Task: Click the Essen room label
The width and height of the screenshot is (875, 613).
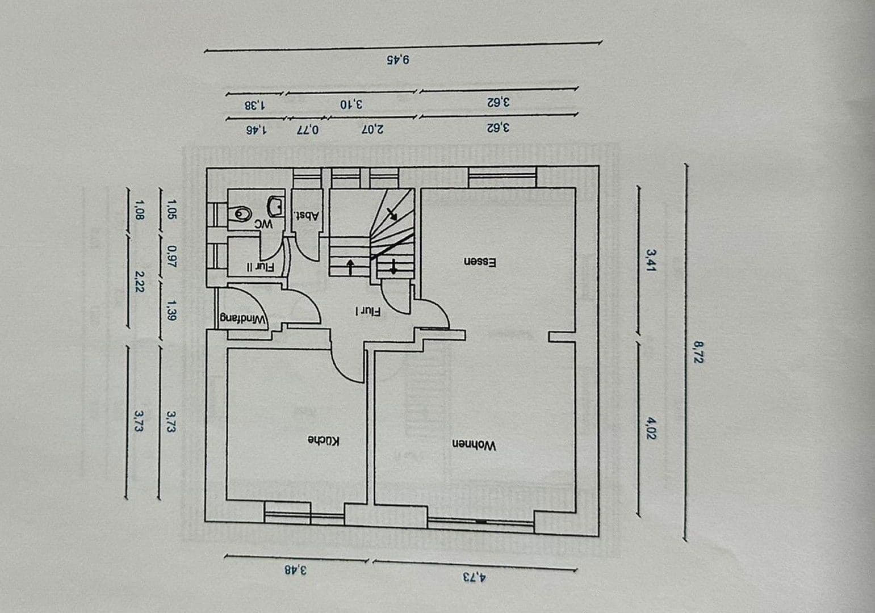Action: click(480, 262)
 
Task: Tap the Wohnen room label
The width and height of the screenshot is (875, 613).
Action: click(474, 445)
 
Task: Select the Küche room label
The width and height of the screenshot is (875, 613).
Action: click(324, 440)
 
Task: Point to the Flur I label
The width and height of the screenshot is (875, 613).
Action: click(368, 311)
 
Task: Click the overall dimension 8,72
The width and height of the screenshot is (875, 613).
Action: click(698, 351)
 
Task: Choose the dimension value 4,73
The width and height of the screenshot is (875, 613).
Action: click(474, 577)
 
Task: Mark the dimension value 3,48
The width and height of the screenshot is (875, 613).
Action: click(295, 569)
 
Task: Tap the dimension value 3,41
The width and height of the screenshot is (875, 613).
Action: click(651, 260)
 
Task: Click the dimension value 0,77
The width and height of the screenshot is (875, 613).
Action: click(308, 129)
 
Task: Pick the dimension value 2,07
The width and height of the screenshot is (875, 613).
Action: click(372, 129)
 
